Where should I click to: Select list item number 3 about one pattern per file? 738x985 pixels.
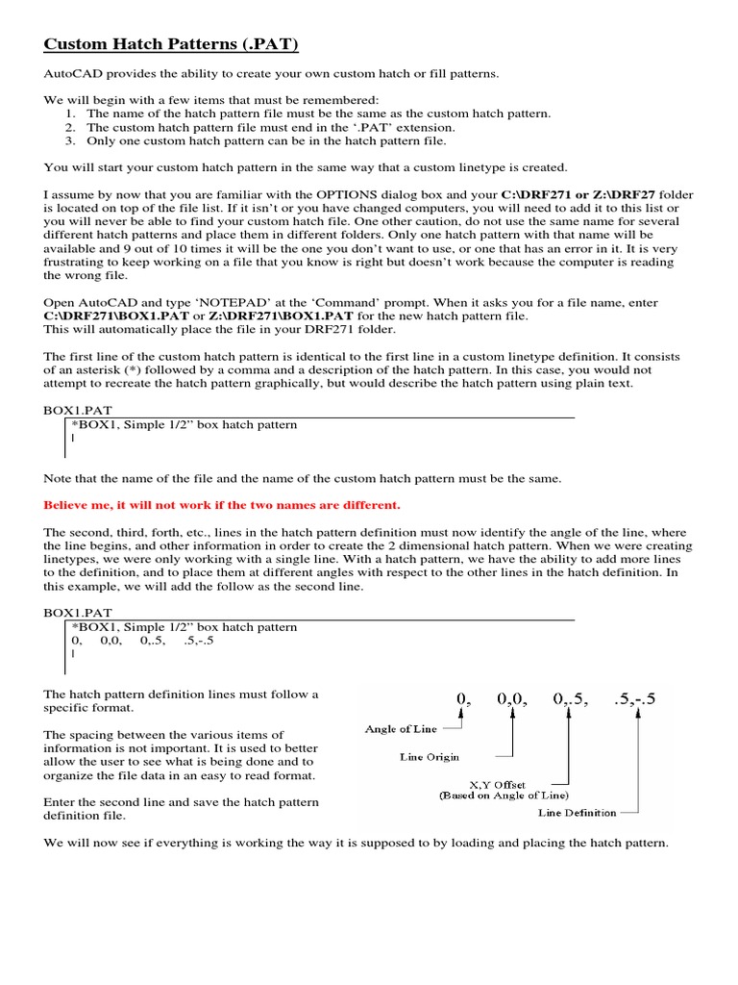pyautogui.click(x=266, y=140)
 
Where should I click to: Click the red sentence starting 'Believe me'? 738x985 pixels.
pyautogui.click(x=222, y=505)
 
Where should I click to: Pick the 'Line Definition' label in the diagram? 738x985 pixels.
pyautogui.click(x=578, y=813)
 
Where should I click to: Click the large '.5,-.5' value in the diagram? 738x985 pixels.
pyautogui.click(x=633, y=699)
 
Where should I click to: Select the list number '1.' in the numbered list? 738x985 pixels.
pyautogui.click(x=70, y=114)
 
